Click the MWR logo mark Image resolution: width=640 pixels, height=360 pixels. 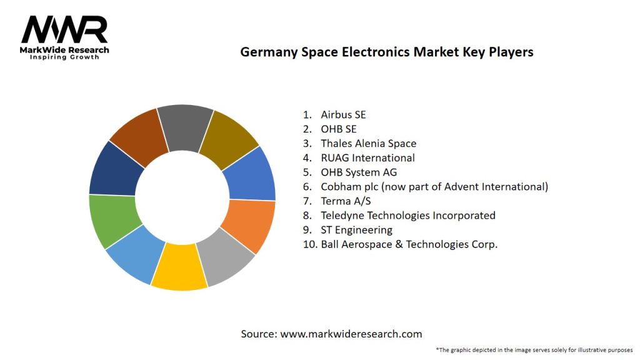(64, 29)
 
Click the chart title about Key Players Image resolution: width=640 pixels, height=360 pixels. (387, 52)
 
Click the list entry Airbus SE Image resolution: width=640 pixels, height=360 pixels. (343, 114)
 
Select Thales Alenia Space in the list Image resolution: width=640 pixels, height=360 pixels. (368, 143)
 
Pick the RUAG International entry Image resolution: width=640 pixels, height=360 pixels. (367, 157)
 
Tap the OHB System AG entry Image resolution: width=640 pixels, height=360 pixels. (359, 172)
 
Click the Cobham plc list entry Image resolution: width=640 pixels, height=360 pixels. (434, 186)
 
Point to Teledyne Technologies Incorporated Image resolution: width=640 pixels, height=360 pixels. (407, 215)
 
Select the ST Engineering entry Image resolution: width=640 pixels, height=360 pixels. (356, 229)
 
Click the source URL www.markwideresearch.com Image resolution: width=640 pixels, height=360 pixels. (351, 334)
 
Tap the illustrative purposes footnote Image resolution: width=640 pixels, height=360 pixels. (534, 349)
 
